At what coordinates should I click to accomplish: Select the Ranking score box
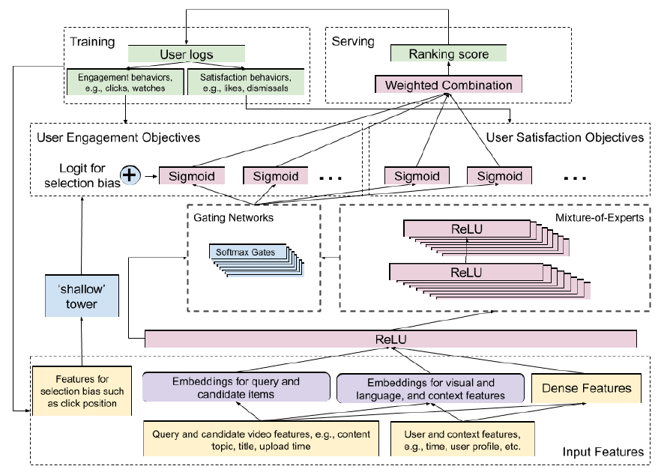coord(449,54)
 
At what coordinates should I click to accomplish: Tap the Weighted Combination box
coord(449,84)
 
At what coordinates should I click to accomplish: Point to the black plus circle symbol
coord(131,175)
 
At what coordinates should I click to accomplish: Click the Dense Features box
coord(587,387)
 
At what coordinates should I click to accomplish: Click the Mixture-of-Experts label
coord(597,217)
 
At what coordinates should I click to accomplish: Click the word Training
coord(92,42)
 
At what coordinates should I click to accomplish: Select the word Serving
coord(354,42)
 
